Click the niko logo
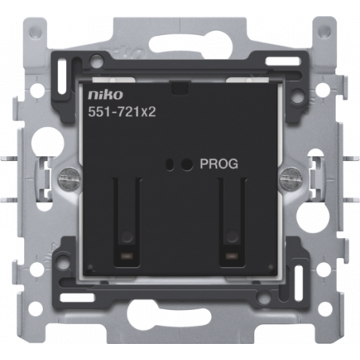[x=105, y=95]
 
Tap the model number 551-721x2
[x=122, y=112]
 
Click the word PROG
[x=219, y=164]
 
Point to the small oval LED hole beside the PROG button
[x=169, y=164]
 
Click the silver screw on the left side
[x=68, y=178]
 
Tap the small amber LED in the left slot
[x=127, y=256]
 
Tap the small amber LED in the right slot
[x=232, y=256]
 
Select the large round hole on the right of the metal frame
[x=312, y=214]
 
